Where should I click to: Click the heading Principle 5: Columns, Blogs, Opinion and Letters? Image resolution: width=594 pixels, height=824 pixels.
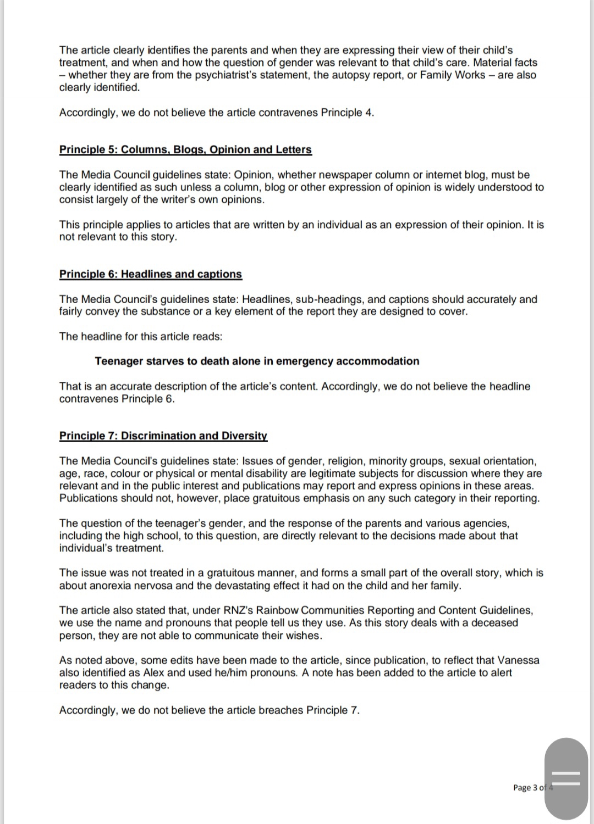pos(185,149)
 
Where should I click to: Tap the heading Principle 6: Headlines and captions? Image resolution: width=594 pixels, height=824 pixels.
pos(150,274)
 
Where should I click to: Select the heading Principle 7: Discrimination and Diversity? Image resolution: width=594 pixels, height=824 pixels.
pos(163,436)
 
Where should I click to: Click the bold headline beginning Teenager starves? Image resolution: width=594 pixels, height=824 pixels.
pos(257,361)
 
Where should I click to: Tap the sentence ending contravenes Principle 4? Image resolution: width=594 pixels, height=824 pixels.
pos(217,113)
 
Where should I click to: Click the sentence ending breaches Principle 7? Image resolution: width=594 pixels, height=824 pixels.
pos(209,710)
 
